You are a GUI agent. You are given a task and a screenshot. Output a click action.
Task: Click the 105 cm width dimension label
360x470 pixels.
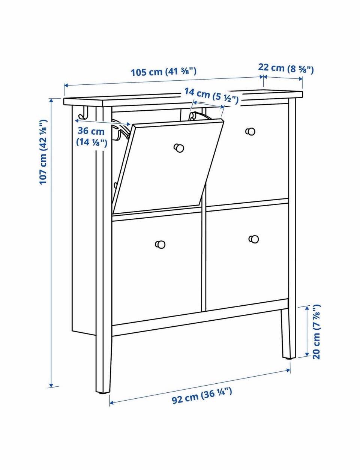(x=163, y=72)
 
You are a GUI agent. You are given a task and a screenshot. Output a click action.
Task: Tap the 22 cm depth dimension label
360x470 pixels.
(x=286, y=68)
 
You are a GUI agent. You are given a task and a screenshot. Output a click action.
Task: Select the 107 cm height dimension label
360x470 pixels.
(x=43, y=152)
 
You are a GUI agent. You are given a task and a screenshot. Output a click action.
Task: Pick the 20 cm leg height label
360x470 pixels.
(x=316, y=332)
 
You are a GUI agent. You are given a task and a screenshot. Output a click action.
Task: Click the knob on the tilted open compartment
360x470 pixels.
(x=179, y=148)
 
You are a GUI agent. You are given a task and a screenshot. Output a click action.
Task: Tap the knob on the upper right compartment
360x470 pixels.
(x=250, y=132)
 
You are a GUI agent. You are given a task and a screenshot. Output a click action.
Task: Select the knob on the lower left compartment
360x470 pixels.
(x=160, y=245)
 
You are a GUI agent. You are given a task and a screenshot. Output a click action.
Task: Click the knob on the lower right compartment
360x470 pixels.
(x=253, y=239)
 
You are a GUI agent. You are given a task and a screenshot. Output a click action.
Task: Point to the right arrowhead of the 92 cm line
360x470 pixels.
(x=288, y=370)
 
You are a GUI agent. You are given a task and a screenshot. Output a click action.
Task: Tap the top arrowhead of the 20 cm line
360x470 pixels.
(x=307, y=309)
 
